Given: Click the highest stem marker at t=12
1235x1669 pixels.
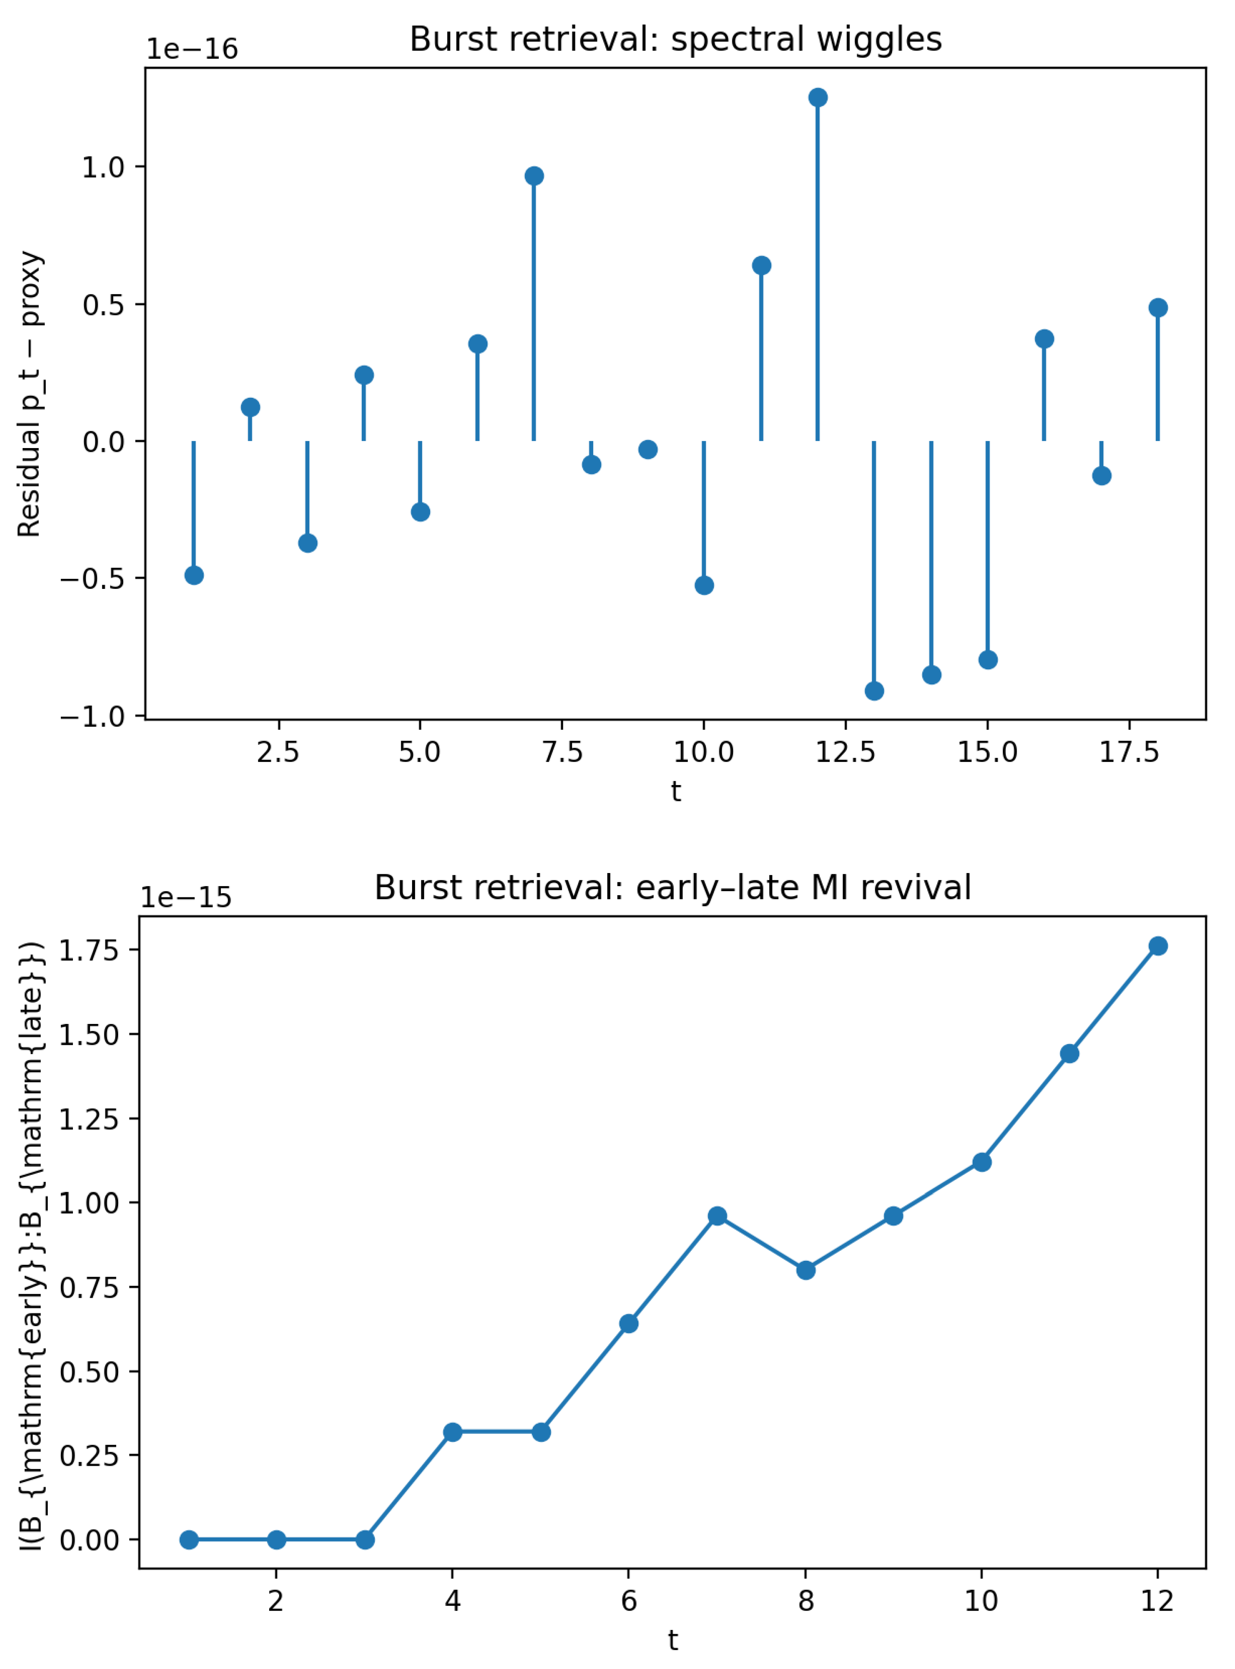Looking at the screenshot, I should [x=818, y=97].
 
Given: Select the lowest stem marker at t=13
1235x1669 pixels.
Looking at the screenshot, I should [x=874, y=691].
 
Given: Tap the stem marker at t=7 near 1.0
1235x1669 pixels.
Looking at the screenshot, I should [x=534, y=176].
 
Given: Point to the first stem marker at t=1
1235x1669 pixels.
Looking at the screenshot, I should [x=194, y=575].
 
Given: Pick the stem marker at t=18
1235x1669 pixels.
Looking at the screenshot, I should [x=1158, y=307].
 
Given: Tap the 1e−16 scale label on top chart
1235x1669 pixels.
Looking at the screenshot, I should [x=192, y=49].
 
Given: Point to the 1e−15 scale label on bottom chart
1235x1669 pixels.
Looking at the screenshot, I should [x=186, y=897].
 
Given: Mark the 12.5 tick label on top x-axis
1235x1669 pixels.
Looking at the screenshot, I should [x=846, y=752].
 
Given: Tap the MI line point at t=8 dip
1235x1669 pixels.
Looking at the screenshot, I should [x=805, y=1270].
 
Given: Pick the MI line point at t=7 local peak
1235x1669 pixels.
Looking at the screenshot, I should [x=717, y=1216].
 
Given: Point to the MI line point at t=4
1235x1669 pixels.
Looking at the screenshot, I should [x=452, y=1432].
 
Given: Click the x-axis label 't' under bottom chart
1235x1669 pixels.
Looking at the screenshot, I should [x=673, y=1640].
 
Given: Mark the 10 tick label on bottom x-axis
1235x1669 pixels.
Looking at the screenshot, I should [x=981, y=1601].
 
